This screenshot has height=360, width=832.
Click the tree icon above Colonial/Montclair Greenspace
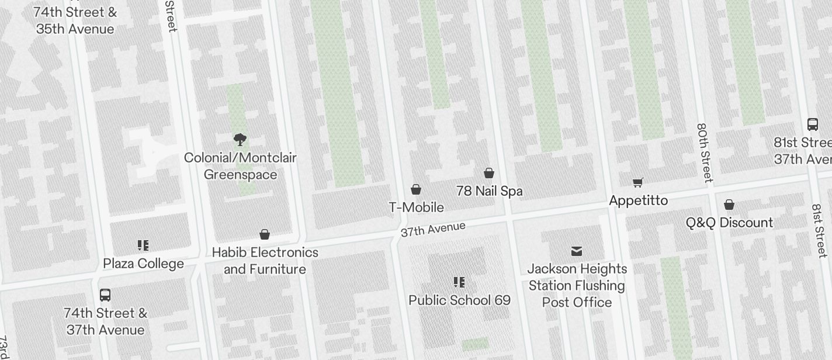[240, 139]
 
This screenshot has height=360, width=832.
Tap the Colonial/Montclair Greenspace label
[240, 166]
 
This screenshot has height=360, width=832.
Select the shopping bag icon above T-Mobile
[416, 189]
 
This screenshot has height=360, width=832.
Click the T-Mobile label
[417, 207]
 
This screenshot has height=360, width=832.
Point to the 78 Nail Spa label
[489, 191]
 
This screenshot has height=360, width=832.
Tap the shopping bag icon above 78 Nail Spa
[489, 173]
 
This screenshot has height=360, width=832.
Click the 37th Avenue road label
[433, 229]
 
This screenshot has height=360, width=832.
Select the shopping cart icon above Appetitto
[638, 183]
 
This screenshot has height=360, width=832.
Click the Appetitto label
[638, 200]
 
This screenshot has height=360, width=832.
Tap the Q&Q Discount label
[729, 223]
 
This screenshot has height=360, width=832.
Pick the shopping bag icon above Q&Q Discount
[729, 205]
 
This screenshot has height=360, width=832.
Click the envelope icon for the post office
[577, 251]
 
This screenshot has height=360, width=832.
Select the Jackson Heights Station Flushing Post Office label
[577, 285]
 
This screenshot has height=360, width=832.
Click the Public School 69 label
[459, 300]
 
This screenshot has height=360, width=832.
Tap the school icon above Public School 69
[459, 282]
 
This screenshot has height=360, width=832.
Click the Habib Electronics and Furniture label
[265, 261]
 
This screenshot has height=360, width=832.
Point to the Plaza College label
[143, 264]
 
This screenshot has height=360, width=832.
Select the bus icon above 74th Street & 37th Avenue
[105, 295]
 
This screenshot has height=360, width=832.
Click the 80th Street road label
[705, 153]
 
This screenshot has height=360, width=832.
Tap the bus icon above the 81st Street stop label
[812, 124]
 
